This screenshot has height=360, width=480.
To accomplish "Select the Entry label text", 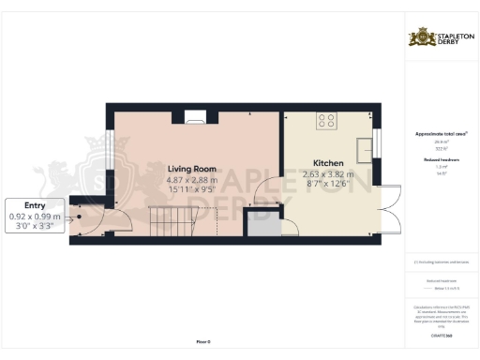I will (34, 205).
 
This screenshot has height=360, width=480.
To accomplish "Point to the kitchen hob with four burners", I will (327, 120).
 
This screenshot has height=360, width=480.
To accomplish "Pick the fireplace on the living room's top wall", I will (196, 117).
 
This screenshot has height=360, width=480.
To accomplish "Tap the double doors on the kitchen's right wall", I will (388, 209).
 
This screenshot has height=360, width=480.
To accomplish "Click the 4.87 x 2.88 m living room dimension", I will (192, 180).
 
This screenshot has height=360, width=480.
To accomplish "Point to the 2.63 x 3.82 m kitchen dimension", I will (327, 174).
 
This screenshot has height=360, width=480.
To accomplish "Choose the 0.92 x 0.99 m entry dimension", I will (34, 217).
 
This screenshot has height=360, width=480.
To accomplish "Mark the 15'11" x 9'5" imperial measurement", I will (192, 190).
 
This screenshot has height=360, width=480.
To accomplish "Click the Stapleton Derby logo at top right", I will (441, 38).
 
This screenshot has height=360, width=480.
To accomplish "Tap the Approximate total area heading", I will (440, 134).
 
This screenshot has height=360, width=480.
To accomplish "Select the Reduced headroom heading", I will (440, 159).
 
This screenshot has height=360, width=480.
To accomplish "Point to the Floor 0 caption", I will (203, 343).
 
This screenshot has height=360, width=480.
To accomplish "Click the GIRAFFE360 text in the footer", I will (440, 322).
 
